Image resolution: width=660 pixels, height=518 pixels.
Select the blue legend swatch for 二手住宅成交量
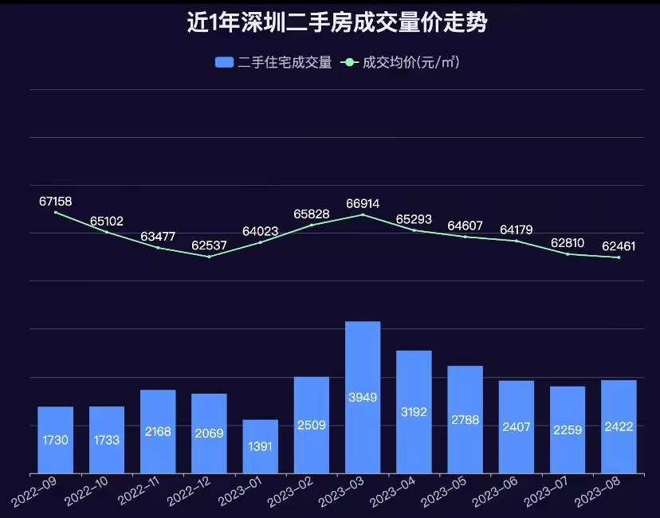tap(224, 62)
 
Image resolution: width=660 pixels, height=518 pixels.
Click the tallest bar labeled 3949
tap(363, 397)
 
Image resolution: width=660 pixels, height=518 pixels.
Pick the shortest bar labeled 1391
tap(260, 446)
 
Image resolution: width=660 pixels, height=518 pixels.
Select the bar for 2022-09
tap(55, 440)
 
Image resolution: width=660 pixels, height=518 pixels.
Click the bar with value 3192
tap(414, 411)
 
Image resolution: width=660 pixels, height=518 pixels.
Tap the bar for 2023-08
tap(619, 426)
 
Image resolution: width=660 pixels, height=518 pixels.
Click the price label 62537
tap(209, 244)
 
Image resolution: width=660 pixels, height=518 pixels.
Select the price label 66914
tap(363, 203)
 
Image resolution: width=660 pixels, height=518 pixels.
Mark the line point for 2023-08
tap(619, 257)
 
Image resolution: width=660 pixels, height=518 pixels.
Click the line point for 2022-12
tap(209, 257)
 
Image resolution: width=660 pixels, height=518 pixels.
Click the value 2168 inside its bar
tap(158, 431)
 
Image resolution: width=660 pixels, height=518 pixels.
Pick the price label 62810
tap(568, 241)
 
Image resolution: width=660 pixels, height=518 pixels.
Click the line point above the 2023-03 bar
tap(363, 214)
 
